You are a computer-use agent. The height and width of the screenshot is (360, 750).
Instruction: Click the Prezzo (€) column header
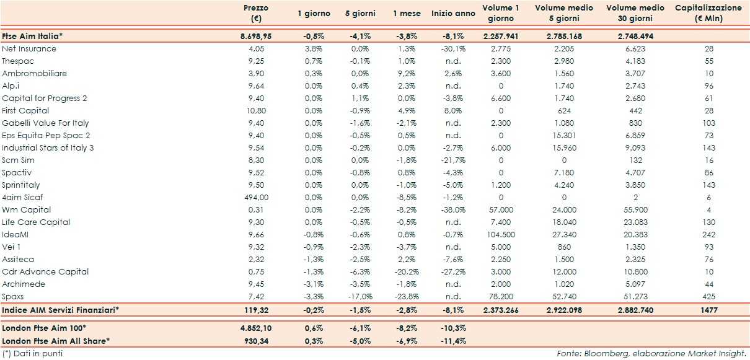pos(256,13)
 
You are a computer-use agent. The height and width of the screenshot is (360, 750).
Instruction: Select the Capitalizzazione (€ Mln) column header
pos(707,13)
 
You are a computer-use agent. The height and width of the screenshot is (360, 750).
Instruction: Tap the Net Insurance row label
pos(29,49)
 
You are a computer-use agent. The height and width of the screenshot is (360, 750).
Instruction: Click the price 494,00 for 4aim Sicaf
pos(256,198)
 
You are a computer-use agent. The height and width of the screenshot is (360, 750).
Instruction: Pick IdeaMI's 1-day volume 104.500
pos(500,235)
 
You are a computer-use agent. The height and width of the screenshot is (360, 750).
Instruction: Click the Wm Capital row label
pos(27,210)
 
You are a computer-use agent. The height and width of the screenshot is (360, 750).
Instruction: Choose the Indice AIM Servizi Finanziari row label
pos(61,309)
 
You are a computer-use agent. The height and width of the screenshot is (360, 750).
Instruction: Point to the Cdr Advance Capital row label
pos(45,272)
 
